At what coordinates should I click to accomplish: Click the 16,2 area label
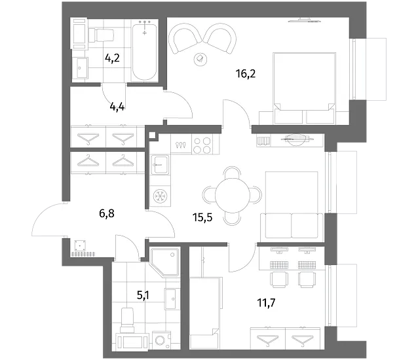click(x=246, y=74)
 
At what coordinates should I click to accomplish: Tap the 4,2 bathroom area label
click(x=112, y=58)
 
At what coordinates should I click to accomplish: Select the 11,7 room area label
click(x=266, y=303)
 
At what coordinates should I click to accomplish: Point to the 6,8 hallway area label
click(x=107, y=213)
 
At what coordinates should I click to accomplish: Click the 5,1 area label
click(x=143, y=295)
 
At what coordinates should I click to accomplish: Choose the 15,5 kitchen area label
click(x=202, y=217)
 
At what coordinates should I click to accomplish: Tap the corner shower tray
click(x=165, y=262)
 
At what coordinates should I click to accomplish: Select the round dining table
click(x=232, y=195)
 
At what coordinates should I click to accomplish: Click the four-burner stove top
click(x=202, y=145)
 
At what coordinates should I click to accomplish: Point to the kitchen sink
click(x=160, y=165)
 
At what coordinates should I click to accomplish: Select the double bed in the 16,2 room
click(x=304, y=88)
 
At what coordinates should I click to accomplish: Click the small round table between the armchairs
click(x=200, y=58)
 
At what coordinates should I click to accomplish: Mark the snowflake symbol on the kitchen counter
click(x=161, y=196)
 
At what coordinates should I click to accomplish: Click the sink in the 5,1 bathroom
click(x=170, y=298)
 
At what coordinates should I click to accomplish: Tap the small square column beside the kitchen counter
click(x=152, y=135)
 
